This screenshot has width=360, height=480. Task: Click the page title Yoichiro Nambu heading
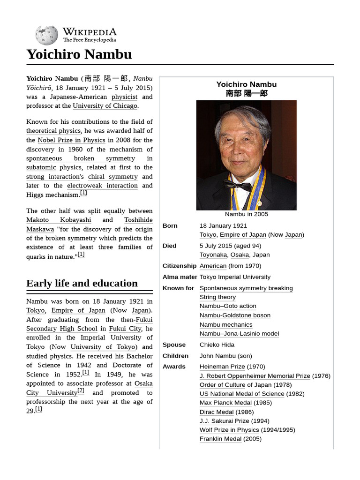coord(79,54)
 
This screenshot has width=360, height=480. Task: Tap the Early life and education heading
coord(82,283)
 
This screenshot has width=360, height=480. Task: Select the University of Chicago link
coord(105,106)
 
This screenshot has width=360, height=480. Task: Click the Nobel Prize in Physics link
coord(71,140)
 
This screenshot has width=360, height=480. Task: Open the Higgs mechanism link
coord(52,195)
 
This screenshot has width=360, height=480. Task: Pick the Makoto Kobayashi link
coord(59,220)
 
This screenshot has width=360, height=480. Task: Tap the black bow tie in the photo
coord(238,186)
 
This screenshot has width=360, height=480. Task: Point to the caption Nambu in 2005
coord(247,214)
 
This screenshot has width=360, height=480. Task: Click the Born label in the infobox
coord(170,225)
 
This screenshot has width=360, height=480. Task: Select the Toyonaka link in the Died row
coord(213,255)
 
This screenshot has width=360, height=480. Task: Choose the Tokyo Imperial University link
coord(235,277)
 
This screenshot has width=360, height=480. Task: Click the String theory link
coord(217,297)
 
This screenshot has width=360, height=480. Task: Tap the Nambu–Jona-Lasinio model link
coord(239,333)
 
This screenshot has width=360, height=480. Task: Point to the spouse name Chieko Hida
coord(217,345)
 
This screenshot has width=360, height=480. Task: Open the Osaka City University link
coord(89,388)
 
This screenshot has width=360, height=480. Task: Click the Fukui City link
coord(125,329)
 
